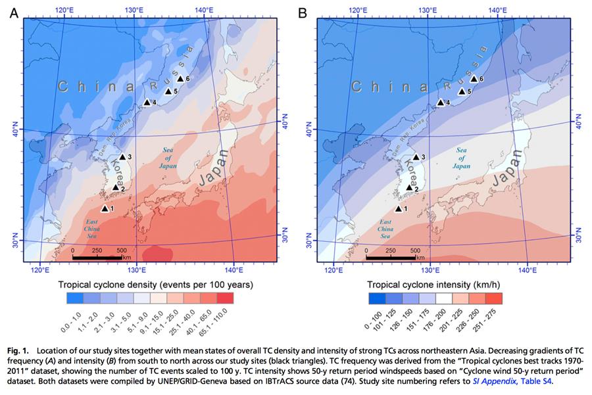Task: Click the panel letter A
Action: (13, 12)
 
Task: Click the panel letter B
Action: (303, 12)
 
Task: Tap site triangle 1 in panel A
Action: (105, 208)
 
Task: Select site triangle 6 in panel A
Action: (180, 79)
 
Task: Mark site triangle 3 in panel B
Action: (416, 157)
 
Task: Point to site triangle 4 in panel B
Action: (441, 102)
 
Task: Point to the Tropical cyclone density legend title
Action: (156, 285)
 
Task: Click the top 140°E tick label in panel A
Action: (205, 10)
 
